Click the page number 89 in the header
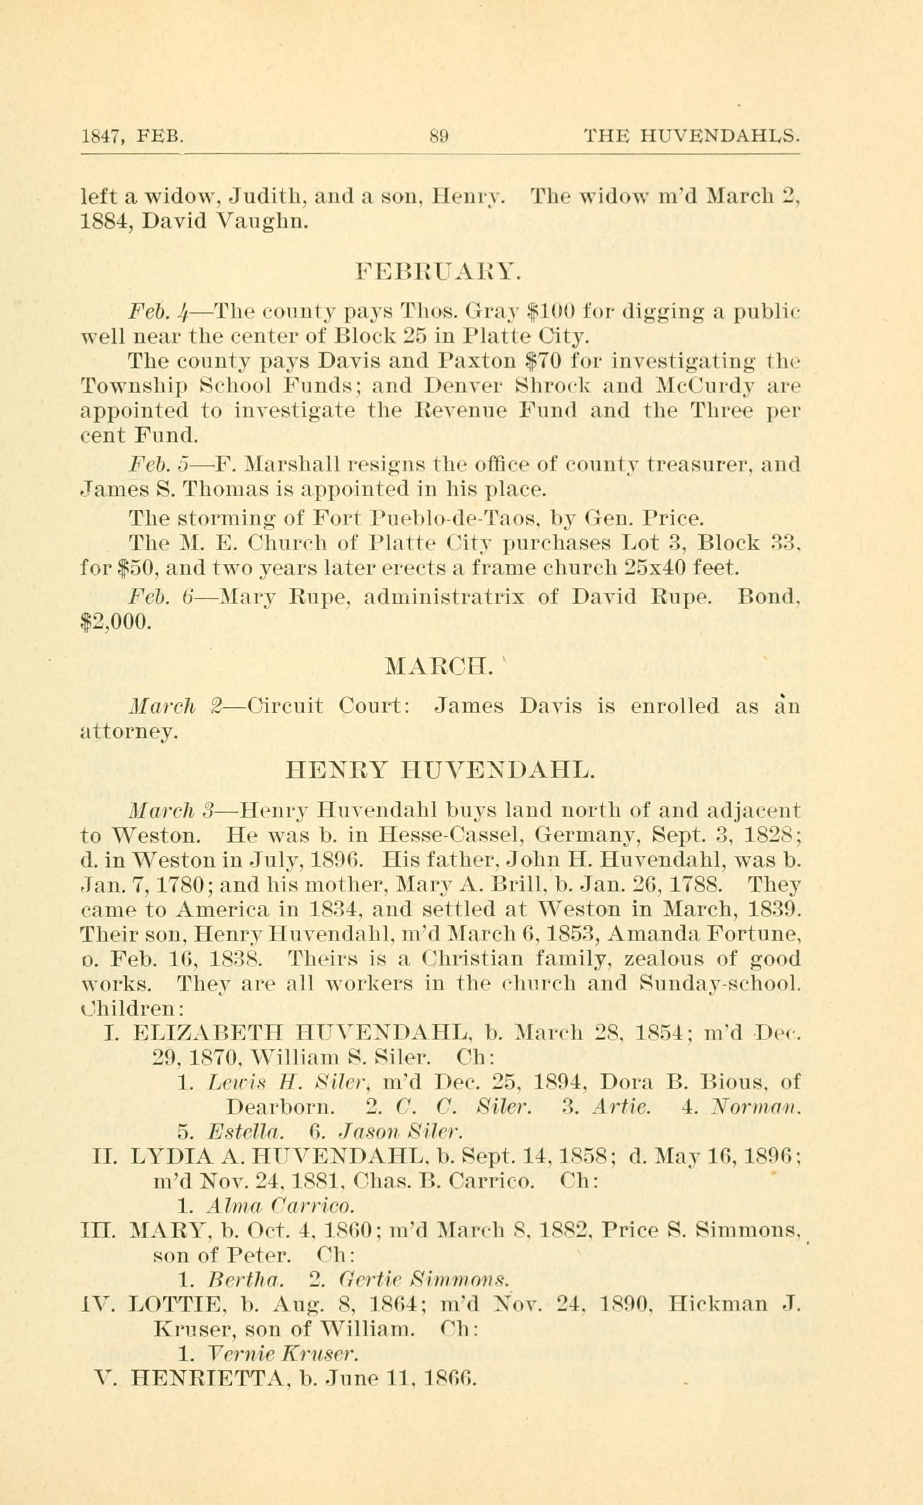click(439, 135)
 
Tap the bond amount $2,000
click(115, 621)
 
